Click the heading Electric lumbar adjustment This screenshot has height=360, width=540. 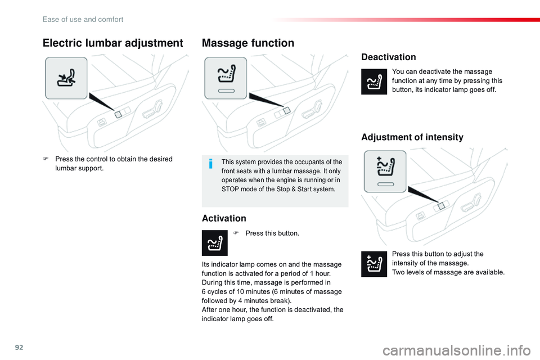tap(113, 43)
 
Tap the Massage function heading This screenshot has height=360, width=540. tap(248, 43)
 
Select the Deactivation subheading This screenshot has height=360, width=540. tap(389, 57)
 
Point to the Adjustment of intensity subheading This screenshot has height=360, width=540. tap(412, 137)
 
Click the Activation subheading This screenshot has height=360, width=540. tap(224, 218)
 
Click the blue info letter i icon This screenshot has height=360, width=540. tap(210, 164)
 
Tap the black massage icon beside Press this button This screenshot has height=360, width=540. tap(215, 243)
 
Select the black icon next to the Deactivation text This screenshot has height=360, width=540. tap(374, 82)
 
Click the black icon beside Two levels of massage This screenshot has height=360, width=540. tap(374, 264)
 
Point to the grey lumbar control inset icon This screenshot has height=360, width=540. tap(66, 78)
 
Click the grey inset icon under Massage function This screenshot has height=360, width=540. tap(226, 78)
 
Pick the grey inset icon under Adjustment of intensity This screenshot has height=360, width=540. tap(385, 171)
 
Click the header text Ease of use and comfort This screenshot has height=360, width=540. tap(83, 19)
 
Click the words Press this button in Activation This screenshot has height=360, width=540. tap(272, 233)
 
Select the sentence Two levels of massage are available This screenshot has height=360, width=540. tap(448, 272)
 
